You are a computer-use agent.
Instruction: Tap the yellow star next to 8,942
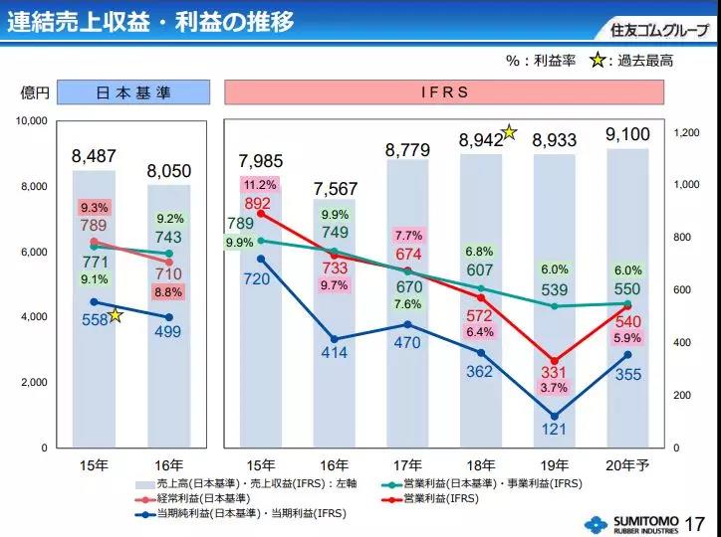509,131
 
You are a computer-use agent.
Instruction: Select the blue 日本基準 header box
132,92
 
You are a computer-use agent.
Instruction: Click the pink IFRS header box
444,92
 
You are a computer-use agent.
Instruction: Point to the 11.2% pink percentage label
260,185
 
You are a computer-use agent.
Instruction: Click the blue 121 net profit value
555,430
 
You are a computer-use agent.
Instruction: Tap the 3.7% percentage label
555,388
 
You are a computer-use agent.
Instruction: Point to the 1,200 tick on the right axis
687,132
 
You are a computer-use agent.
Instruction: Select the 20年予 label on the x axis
627,464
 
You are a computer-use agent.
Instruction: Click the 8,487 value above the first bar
94,157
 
